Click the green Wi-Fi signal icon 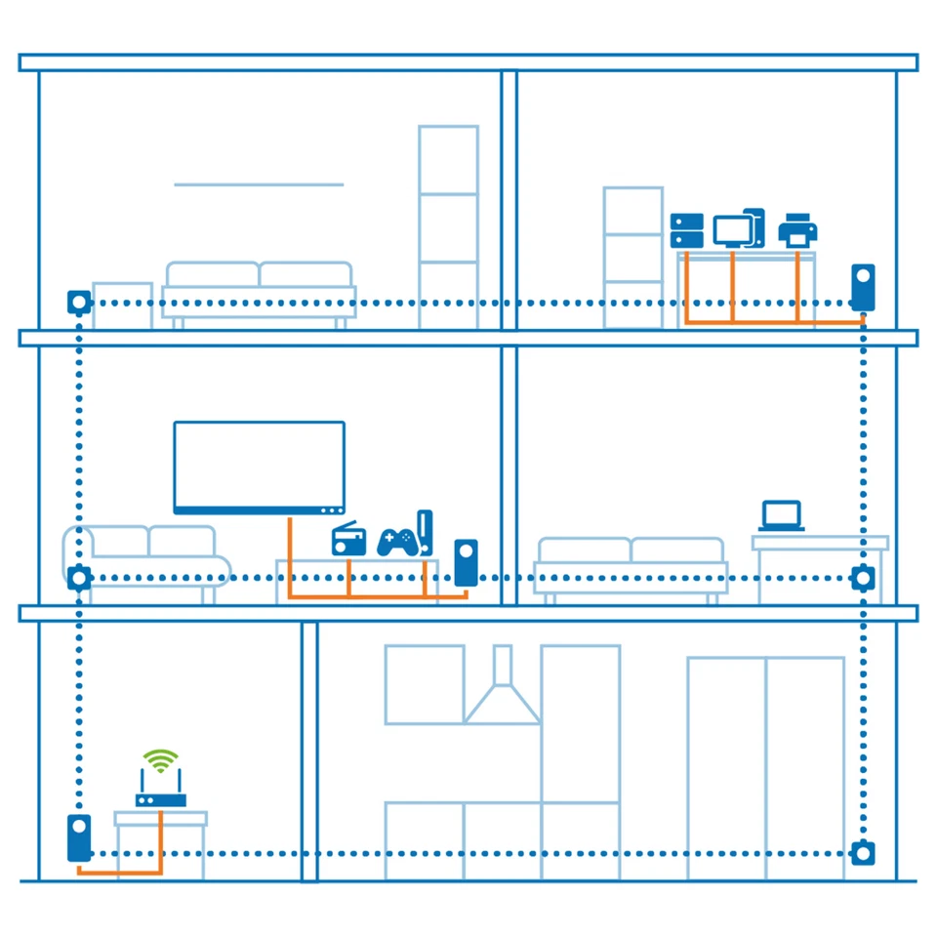point(160,759)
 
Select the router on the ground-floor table point(160,794)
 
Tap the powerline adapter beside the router point(79,837)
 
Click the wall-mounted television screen point(259,467)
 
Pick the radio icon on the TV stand point(348,540)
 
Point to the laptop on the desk point(781,515)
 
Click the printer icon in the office point(797,230)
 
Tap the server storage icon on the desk point(687,230)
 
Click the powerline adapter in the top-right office point(863,287)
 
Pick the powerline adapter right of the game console point(466,562)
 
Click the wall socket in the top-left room point(79,302)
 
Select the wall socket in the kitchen point(861,853)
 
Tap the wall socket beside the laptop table point(862,578)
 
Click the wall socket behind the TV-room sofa point(79,578)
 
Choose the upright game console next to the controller point(425,533)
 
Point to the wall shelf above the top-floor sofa point(259,184)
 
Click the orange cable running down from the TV point(290,556)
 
